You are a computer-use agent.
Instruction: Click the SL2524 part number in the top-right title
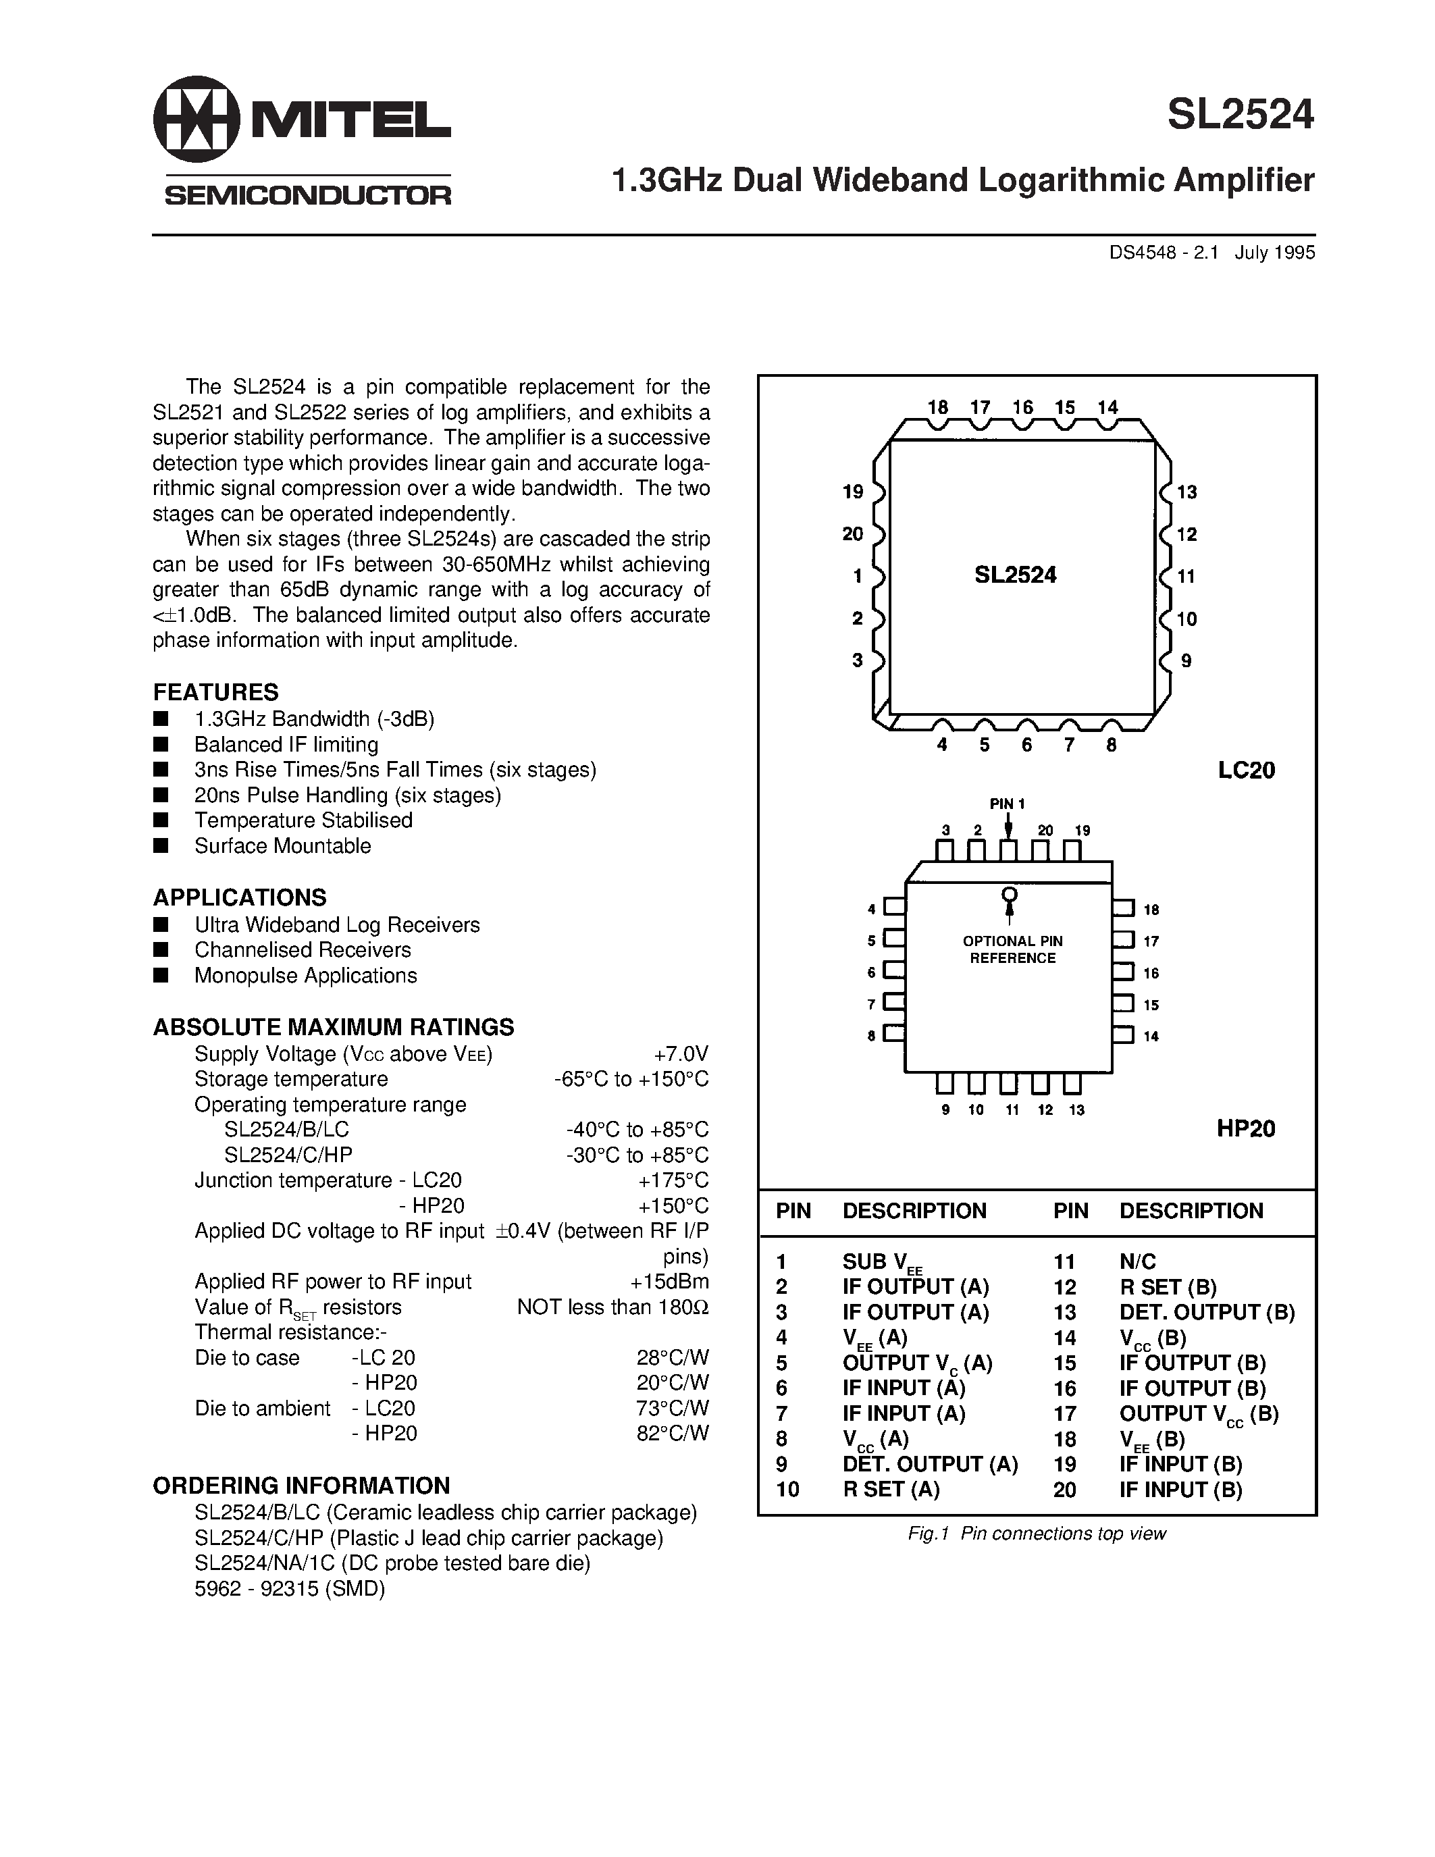pos(1241,115)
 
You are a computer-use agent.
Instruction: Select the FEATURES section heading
pos(216,691)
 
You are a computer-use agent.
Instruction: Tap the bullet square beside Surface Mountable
pos(160,845)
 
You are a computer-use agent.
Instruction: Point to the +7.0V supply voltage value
pos(681,1053)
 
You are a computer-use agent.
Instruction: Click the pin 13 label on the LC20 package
pos(1186,492)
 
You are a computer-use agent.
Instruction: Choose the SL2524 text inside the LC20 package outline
pos(1015,575)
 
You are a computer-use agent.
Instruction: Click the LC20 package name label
pos(1247,770)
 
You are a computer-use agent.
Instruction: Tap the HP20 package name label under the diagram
pos(1247,1128)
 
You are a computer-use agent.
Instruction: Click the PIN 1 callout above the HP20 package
pos(1008,804)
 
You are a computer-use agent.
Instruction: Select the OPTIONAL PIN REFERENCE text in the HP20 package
pos(1012,949)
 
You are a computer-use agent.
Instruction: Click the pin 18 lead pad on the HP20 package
pos(1123,908)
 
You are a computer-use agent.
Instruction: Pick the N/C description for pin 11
pos(1137,1262)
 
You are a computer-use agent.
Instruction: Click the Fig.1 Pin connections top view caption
pos(1037,1533)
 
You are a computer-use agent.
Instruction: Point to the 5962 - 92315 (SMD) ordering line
pos(290,1588)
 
